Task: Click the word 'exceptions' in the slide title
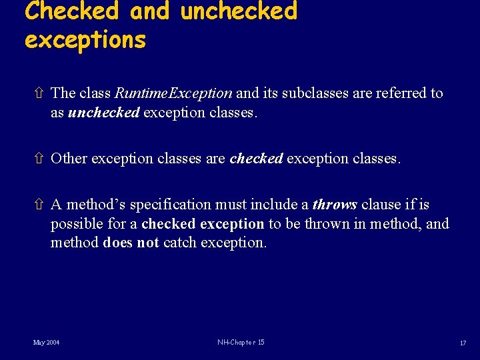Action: (85, 40)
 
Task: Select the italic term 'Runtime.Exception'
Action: (173, 93)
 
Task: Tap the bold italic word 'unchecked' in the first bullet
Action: (103, 113)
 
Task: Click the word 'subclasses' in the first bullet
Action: (315, 93)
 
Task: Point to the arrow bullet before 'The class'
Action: (39, 93)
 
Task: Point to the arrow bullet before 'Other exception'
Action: (39, 159)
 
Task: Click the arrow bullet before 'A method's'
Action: (39, 205)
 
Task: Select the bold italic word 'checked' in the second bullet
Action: (256, 159)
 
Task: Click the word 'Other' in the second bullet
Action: (69, 159)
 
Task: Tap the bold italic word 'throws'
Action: (335, 205)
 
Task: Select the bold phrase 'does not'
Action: (131, 243)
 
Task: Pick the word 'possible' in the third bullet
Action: (75, 224)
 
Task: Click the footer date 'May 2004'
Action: (46, 342)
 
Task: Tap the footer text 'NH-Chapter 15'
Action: (241, 342)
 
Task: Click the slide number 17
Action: (462, 343)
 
